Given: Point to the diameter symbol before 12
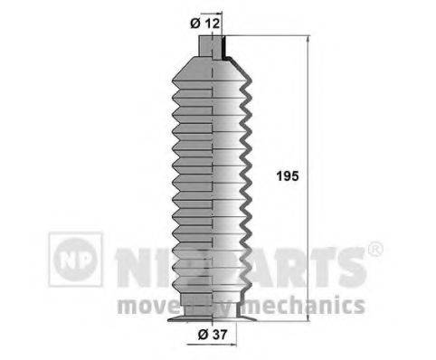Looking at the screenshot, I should [x=197, y=23].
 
